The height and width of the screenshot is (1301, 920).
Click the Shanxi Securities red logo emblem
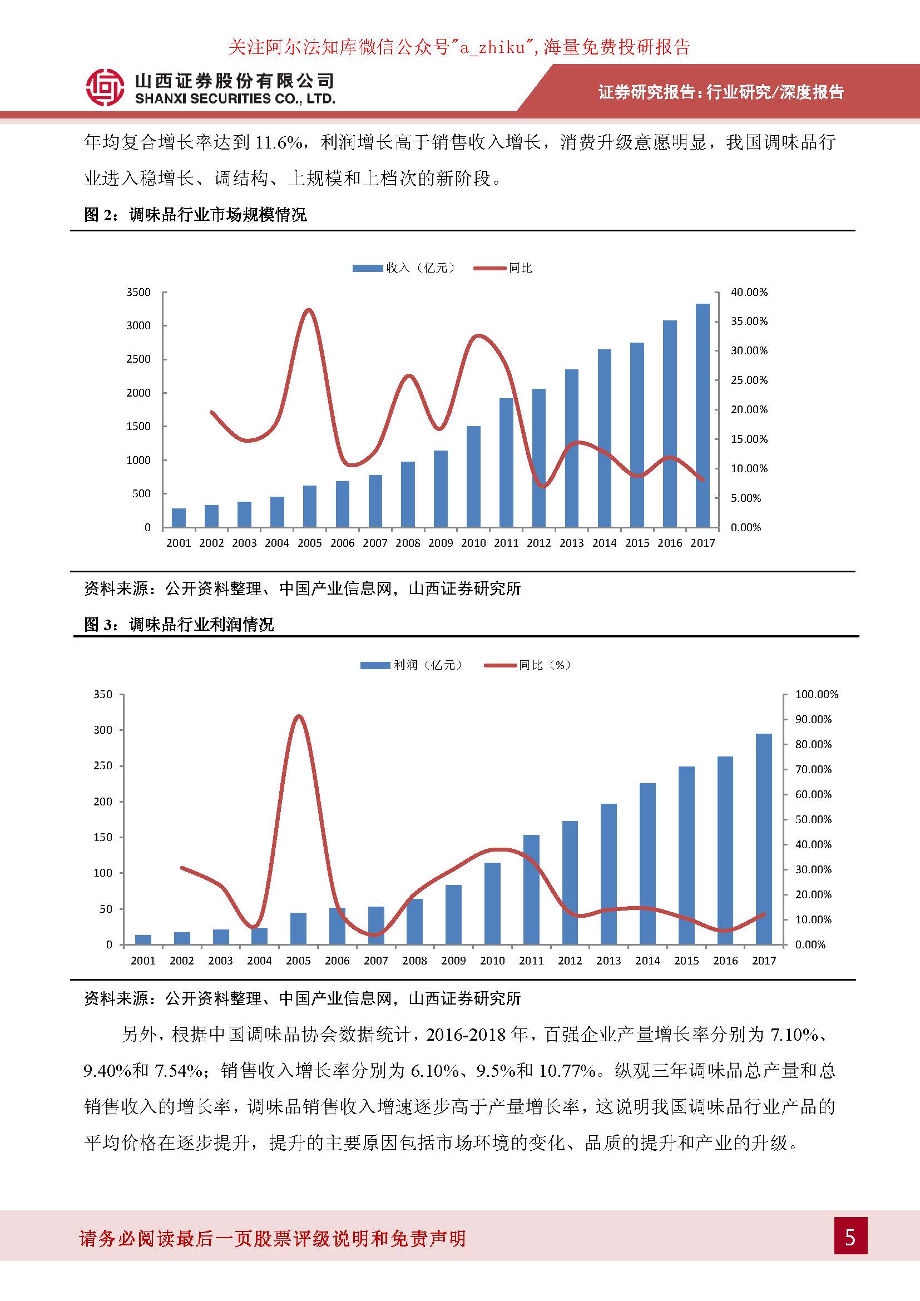point(105,88)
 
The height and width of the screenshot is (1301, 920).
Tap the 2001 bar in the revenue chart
point(179,517)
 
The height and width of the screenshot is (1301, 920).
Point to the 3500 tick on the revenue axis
point(139,293)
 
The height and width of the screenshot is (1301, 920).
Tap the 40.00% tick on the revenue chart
point(749,293)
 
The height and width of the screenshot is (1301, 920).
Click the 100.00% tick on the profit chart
point(817,694)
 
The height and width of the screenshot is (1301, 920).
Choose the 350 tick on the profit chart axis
point(102,694)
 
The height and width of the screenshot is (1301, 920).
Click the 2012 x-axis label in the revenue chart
point(539,543)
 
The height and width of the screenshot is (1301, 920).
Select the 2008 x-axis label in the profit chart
point(415,961)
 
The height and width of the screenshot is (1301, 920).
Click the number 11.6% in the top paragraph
point(278,142)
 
